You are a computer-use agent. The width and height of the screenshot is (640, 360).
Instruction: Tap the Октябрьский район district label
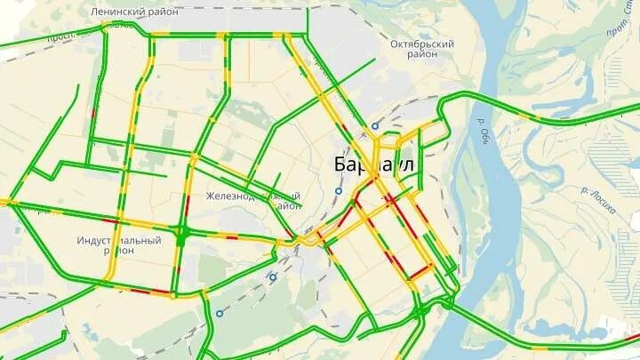[422, 49]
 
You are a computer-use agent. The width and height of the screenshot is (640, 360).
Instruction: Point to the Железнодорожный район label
[253, 200]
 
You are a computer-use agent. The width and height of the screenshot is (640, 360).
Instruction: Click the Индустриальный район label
[119, 244]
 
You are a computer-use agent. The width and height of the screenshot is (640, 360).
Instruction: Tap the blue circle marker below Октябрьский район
[375, 126]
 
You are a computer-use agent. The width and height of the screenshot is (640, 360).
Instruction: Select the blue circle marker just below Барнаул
[338, 191]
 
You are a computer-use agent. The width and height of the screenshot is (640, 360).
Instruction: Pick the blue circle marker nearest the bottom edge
[219, 313]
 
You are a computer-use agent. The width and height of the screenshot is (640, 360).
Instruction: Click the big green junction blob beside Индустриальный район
[180, 236]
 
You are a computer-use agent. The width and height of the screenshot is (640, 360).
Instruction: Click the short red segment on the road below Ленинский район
[92, 113]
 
